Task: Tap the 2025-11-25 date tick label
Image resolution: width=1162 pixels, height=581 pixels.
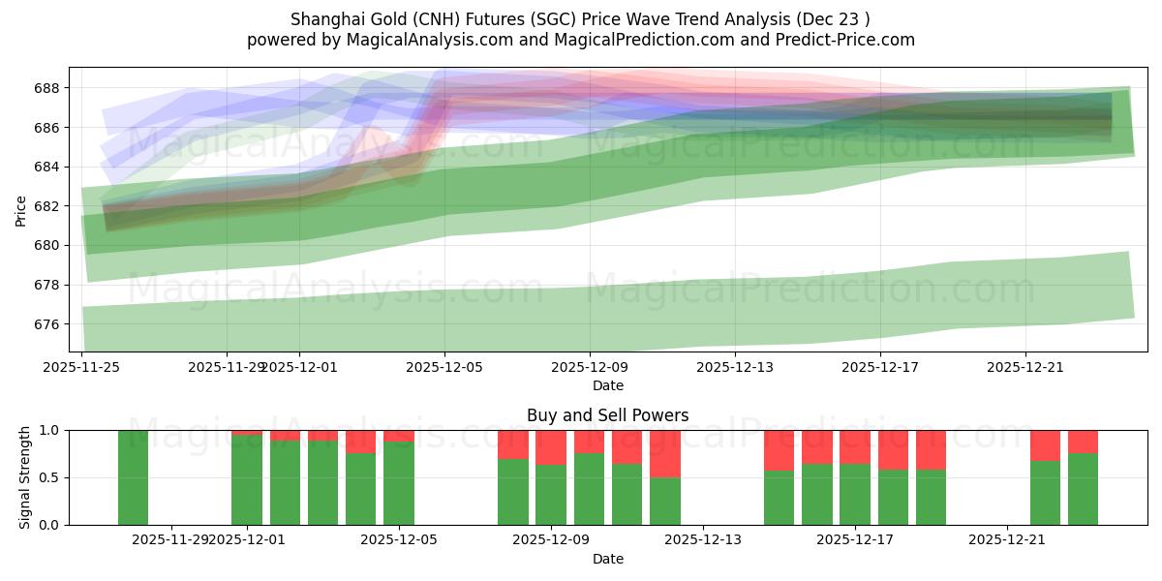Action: (x=82, y=367)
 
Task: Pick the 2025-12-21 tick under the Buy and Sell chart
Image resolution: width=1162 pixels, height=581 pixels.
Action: (x=1007, y=540)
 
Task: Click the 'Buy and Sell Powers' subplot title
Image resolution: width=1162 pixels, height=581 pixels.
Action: (x=607, y=415)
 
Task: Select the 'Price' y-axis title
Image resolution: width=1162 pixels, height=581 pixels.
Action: (x=21, y=211)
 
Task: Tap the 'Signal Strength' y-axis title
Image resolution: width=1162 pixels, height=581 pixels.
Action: (x=25, y=477)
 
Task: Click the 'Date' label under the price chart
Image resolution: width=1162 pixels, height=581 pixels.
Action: (x=607, y=385)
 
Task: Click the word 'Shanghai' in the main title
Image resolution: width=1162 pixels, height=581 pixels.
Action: (x=322, y=18)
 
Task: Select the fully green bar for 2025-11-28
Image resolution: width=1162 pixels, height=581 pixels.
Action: (x=133, y=477)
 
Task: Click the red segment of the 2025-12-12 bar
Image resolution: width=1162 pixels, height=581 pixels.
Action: (x=665, y=453)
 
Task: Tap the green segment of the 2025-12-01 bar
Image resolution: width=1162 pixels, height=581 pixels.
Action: (x=247, y=479)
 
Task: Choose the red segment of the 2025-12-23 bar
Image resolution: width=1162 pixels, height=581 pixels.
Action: (x=1083, y=442)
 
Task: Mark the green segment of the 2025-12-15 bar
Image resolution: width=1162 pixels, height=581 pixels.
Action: (x=779, y=498)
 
